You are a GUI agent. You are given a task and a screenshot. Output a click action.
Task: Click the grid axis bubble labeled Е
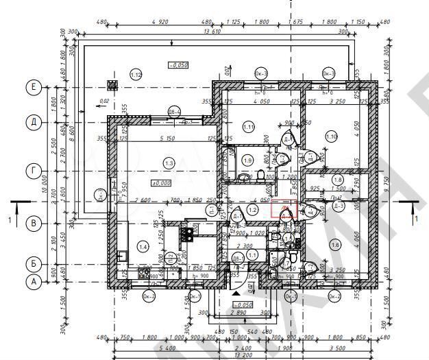pos(32,87)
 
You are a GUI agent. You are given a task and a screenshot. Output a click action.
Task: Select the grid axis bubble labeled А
pos(32,281)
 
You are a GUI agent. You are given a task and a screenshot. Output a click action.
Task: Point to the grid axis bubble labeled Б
pos(32,263)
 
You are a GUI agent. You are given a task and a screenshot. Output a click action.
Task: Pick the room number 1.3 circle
pos(169,162)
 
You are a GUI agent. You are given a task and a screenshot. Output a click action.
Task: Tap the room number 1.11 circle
pos(248,127)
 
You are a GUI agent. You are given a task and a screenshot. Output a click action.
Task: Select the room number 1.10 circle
pos(332,136)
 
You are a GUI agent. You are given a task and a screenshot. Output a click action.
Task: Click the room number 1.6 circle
pos(334,244)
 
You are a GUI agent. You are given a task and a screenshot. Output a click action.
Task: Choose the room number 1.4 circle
pos(143,246)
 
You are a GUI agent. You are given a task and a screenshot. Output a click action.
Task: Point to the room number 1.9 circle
pos(248,160)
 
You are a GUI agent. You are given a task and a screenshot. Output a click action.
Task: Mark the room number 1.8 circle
pos(336,180)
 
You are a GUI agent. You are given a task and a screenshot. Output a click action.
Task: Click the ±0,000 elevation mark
pos(162,183)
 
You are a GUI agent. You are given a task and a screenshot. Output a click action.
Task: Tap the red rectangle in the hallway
pos(282,209)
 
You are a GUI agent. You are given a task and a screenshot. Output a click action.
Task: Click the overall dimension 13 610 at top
pos(212,31)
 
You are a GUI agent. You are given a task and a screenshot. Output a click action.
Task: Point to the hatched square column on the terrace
pos(111,85)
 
